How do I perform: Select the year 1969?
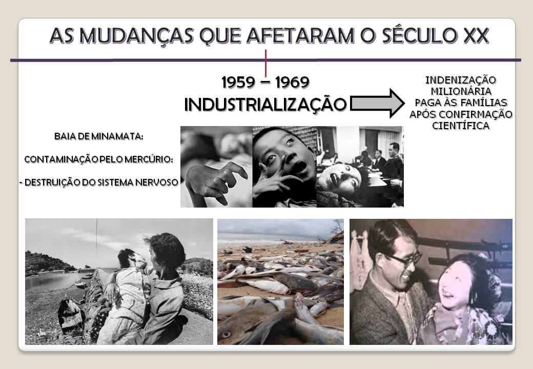[292, 82]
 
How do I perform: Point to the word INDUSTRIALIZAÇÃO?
[265, 104]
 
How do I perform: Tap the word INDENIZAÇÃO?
[461, 80]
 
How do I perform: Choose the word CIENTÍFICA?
[461, 126]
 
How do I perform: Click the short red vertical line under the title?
[265, 63]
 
